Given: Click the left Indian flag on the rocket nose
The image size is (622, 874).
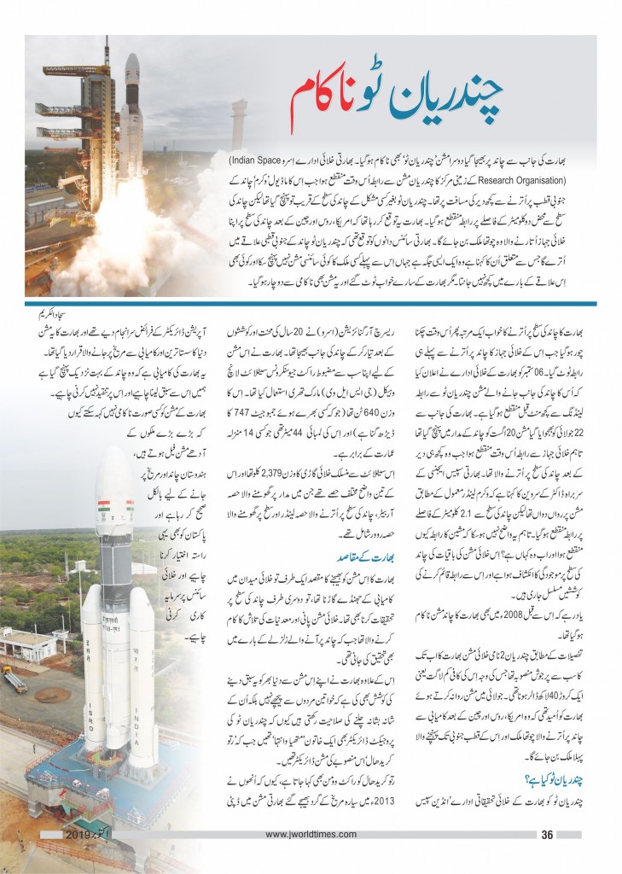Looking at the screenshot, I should [x=104, y=515].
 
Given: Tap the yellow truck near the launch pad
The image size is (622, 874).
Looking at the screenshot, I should [x=15, y=678].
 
